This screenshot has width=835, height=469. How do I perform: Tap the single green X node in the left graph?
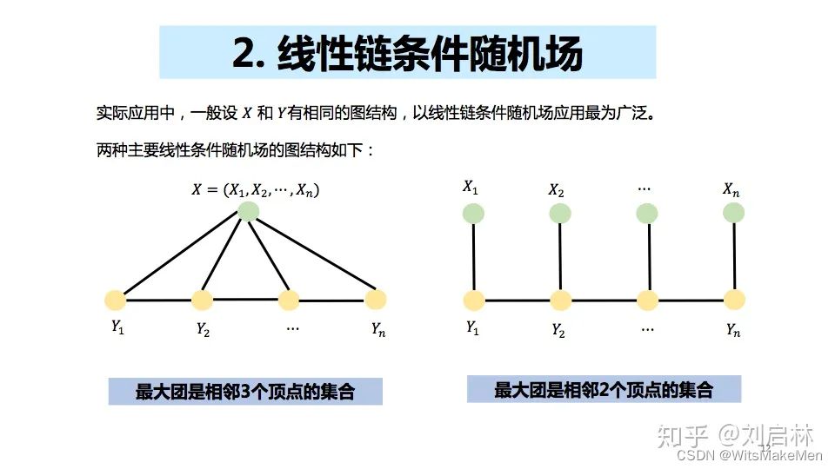click(x=249, y=211)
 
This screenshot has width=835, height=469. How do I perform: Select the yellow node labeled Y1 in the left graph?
click(x=115, y=301)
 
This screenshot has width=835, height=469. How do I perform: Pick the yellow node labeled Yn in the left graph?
click(x=375, y=300)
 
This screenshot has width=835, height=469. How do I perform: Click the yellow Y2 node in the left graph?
click(x=202, y=301)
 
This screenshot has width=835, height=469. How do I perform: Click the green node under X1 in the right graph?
click(x=473, y=214)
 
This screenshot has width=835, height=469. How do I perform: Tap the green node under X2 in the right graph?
click(x=560, y=214)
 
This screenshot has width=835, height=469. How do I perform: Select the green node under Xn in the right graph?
click(x=734, y=214)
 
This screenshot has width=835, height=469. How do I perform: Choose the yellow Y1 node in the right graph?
click(x=473, y=301)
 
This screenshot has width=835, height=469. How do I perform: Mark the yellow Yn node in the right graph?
click(x=734, y=301)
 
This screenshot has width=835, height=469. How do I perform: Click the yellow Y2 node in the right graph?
click(x=560, y=301)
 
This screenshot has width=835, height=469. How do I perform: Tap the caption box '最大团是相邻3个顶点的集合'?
click(x=245, y=392)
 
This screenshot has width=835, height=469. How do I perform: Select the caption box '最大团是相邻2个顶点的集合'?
click(x=604, y=389)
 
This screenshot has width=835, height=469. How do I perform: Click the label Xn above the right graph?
click(x=731, y=188)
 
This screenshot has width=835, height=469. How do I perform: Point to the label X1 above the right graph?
click(x=471, y=187)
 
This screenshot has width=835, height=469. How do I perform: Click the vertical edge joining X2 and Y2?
click(x=560, y=257)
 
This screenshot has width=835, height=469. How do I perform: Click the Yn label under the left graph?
click(x=377, y=329)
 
